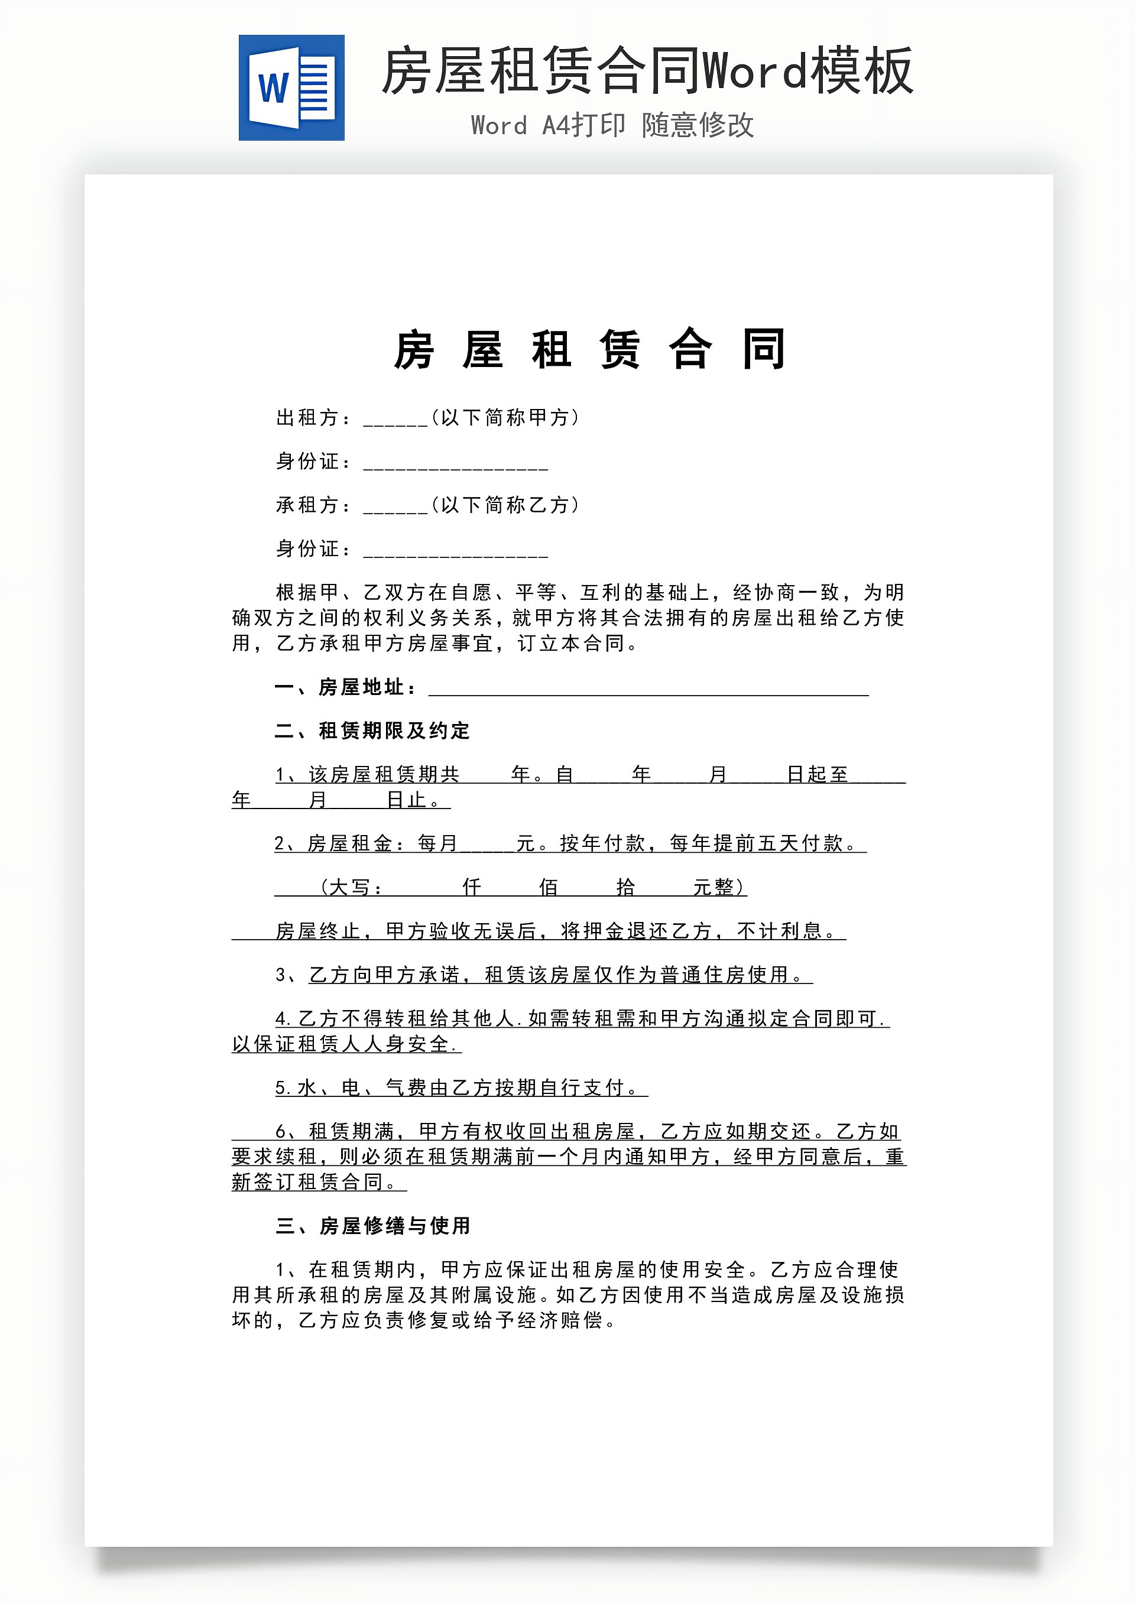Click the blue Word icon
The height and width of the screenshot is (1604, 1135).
(x=291, y=88)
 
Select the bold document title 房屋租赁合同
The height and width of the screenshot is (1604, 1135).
(x=590, y=349)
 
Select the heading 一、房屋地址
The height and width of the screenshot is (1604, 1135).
(x=345, y=687)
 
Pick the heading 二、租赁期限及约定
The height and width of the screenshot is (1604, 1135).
(x=372, y=730)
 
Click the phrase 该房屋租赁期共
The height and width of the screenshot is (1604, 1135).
(x=384, y=774)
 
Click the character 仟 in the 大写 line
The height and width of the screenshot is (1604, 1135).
(x=472, y=887)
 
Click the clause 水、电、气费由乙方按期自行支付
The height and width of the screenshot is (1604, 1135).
(x=461, y=1087)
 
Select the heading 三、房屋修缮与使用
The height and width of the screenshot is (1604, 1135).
(x=372, y=1226)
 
